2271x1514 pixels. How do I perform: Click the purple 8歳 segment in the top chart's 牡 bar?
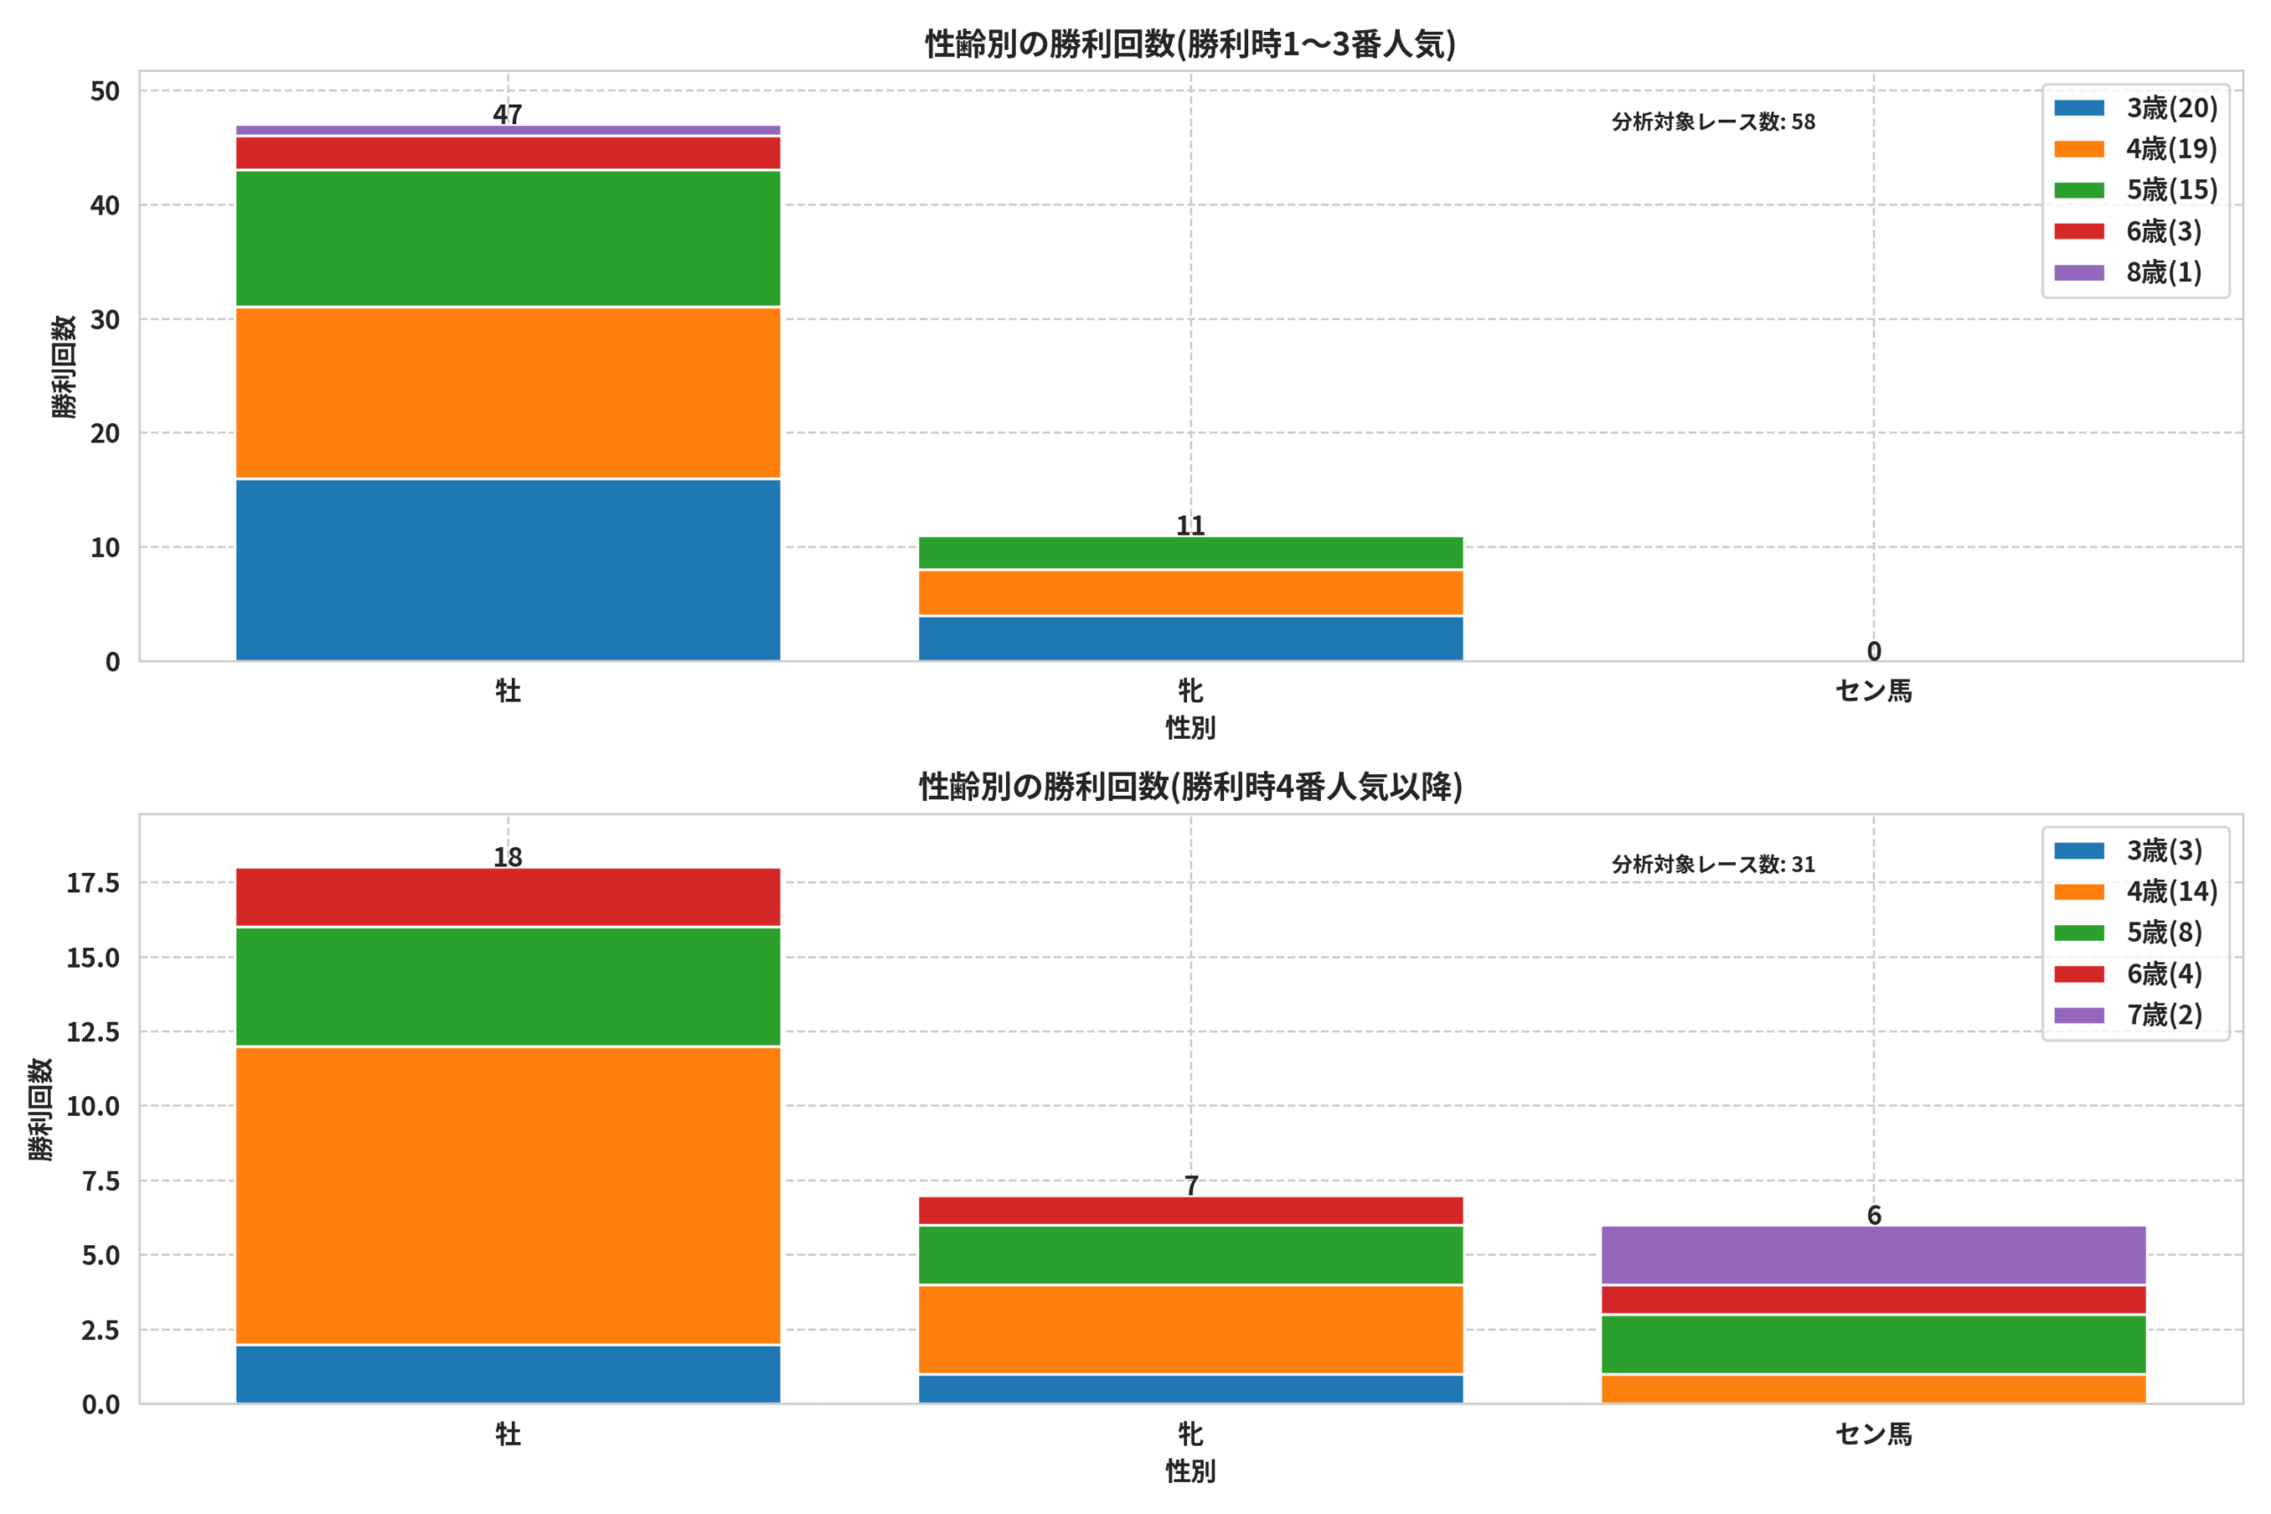point(508,130)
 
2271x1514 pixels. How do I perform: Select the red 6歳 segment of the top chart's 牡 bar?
point(508,153)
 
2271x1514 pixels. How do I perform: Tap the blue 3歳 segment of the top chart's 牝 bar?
point(1191,639)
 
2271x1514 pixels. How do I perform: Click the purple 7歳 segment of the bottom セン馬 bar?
point(1874,1255)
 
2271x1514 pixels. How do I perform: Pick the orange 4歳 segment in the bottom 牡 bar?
point(508,1196)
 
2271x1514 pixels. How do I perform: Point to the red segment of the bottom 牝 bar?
point(1191,1211)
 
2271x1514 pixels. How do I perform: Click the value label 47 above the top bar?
point(508,114)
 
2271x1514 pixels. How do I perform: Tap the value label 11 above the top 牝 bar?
point(1191,525)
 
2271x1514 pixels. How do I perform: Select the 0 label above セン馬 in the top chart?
point(1874,651)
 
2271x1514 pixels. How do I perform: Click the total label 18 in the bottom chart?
point(508,857)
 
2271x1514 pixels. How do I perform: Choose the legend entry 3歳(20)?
point(2136,107)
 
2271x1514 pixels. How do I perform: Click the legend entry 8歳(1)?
point(2128,272)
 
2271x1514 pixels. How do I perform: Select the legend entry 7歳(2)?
point(2128,1015)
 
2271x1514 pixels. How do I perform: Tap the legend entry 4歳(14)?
point(2136,891)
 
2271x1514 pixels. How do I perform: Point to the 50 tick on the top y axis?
point(106,91)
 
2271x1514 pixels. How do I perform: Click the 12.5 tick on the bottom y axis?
point(92,1032)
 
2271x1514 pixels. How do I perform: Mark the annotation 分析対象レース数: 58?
point(1713,122)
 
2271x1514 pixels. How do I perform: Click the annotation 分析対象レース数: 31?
point(1713,864)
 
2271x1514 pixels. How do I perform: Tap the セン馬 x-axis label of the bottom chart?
point(1874,1434)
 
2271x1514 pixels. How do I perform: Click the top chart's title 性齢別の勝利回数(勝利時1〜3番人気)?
point(1191,43)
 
